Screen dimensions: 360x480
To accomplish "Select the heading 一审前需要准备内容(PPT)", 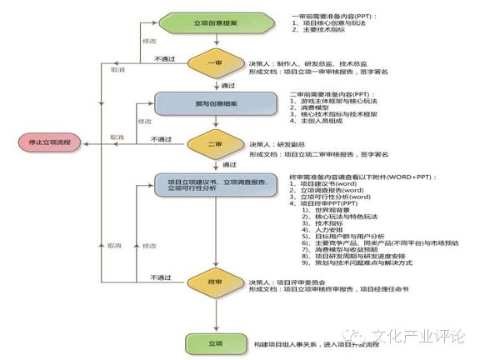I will point(333,16).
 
